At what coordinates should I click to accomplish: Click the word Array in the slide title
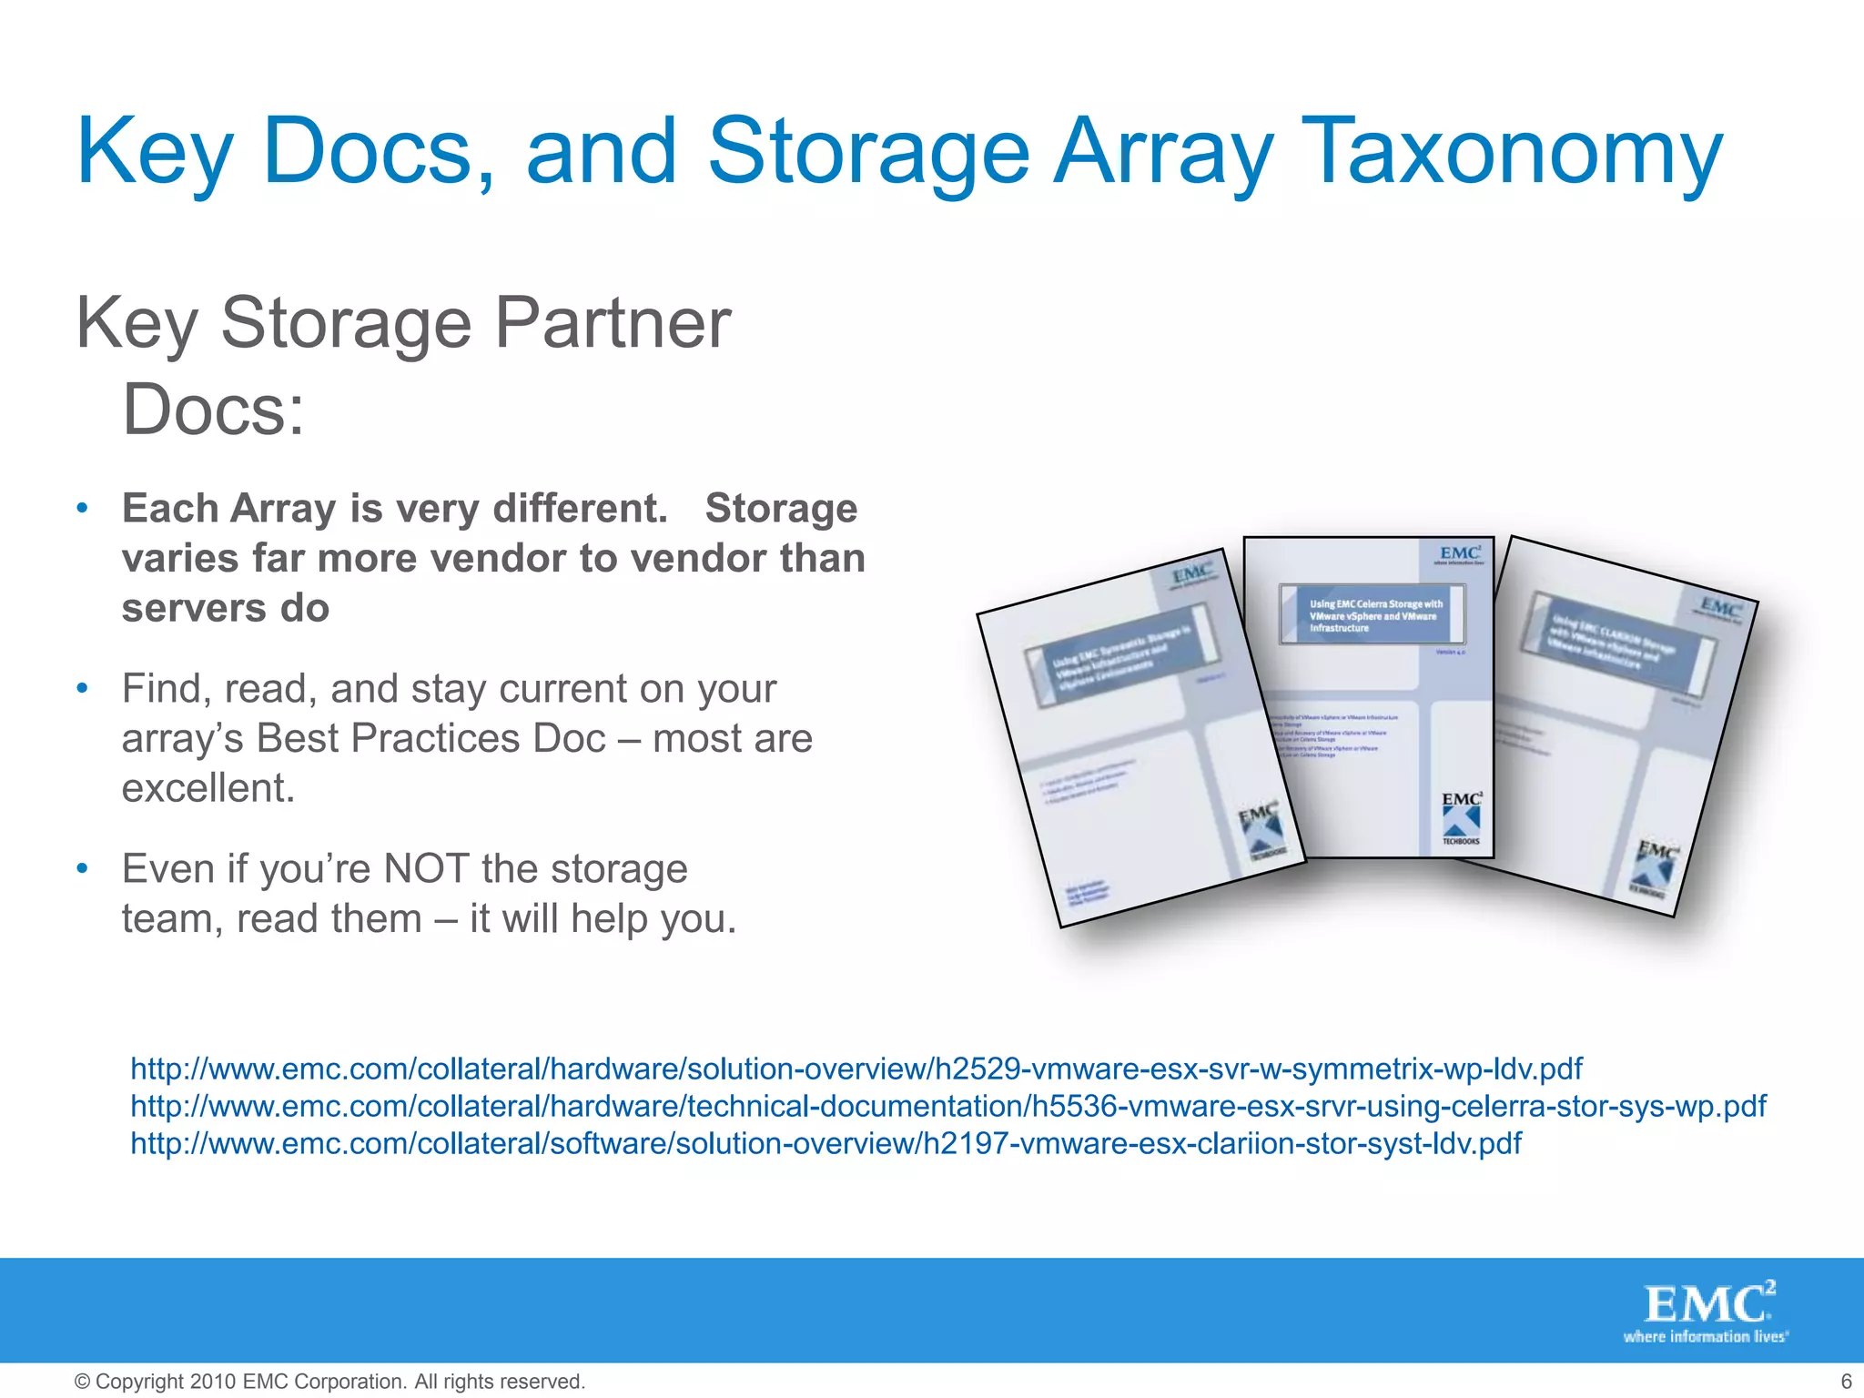click(1162, 153)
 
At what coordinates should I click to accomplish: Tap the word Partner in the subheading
click(612, 323)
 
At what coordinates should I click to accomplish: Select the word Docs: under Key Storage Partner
click(213, 410)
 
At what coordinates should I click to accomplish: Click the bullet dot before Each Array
click(82, 508)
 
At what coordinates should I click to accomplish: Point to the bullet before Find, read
click(82, 688)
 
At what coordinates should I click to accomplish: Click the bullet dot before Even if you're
click(82, 868)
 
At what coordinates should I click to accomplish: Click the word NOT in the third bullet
click(427, 869)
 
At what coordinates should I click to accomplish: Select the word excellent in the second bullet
click(208, 788)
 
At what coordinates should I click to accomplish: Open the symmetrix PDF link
click(856, 1069)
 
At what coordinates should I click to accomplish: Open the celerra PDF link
click(947, 1106)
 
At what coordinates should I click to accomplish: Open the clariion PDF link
click(826, 1143)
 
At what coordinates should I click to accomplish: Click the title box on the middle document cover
click(1372, 615)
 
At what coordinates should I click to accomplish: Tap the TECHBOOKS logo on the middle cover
click(1461, 819)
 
